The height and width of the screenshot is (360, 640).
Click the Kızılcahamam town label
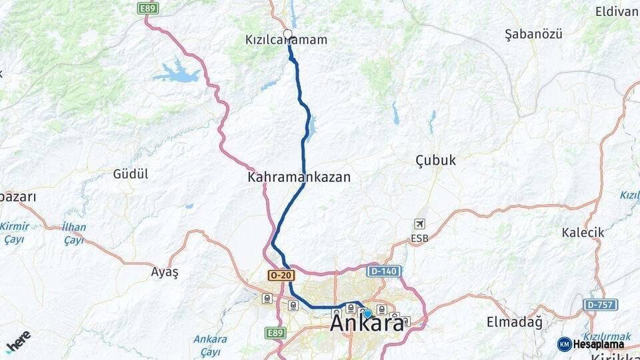pos(287,40)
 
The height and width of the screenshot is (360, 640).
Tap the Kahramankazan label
pos(299,177)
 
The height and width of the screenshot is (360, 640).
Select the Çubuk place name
pos(435,160)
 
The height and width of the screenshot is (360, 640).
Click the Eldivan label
pos(617,11)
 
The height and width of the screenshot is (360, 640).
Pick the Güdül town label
pos(131,174)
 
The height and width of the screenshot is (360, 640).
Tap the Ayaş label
pos(165,271)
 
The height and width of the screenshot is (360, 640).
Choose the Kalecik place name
pos(583,232)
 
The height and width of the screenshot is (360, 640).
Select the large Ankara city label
pos(367,324)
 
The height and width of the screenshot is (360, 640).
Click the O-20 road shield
pos(281,275)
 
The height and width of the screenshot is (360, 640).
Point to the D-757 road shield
pos(600,305)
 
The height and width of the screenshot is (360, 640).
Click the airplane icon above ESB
pos(419,224)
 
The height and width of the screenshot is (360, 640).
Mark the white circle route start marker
pos(288,33)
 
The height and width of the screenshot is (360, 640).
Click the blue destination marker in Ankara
pos(367,313)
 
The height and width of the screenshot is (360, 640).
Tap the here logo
pos(18,341)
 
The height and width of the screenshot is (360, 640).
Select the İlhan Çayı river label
pos(74,233)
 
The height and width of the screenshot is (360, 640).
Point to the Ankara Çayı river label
pos(210,345)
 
